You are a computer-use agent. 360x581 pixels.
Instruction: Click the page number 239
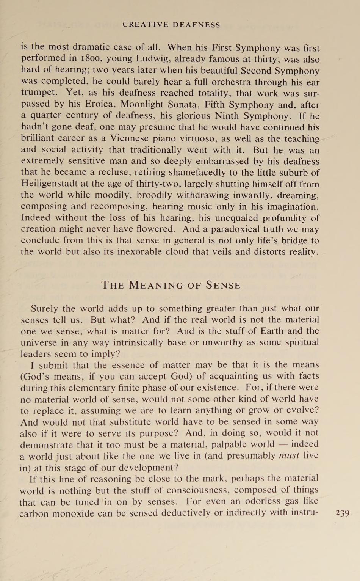(x=342, y=513)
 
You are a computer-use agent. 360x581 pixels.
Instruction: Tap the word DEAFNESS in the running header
(x=196, y=25)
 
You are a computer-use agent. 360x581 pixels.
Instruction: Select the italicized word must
(x=289, y=456)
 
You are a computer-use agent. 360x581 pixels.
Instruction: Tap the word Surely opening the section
(x=44, y=308)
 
